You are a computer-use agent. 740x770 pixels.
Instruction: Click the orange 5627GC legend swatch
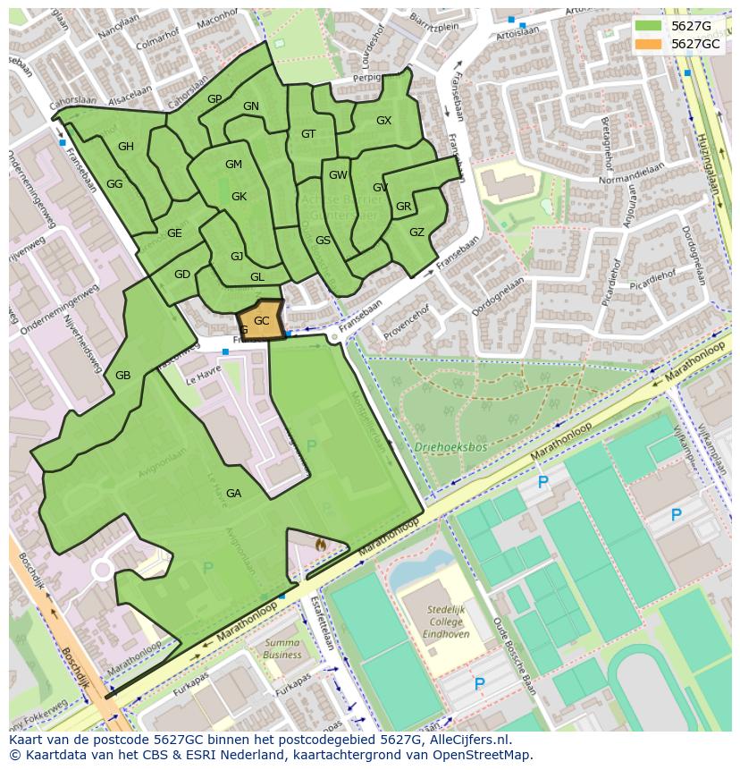[x=650, y=44]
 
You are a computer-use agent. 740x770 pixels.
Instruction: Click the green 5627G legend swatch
[x=650, y=26]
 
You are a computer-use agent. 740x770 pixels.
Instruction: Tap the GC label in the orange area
[x=261, y=320]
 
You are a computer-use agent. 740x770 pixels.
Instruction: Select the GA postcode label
[x=233, y=493]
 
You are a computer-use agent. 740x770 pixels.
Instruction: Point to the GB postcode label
[x=122, y=375]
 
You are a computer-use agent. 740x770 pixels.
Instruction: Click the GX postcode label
[x=383, y=120]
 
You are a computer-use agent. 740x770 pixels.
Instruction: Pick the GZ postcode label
[x=416, y=232]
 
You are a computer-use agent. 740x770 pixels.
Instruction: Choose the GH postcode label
[x=126, y=147]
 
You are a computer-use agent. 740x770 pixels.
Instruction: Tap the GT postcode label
[x=308, y=134]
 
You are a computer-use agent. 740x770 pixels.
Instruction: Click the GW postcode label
[x=338, y=175]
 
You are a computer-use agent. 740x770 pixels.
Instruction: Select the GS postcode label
[x=323, y=240]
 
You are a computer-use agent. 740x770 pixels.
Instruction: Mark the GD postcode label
[x=182, y=275]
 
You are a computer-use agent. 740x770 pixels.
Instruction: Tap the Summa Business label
[x=282, y=648]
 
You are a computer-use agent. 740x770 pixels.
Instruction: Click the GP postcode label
[x=214, y=98]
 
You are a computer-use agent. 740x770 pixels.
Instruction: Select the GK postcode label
[x=239, y=197]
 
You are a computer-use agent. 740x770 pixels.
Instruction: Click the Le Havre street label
[x=204, y=379]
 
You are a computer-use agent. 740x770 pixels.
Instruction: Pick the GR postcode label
[x=403, y=207]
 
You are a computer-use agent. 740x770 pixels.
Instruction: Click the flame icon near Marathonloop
[x=321, y=543]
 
